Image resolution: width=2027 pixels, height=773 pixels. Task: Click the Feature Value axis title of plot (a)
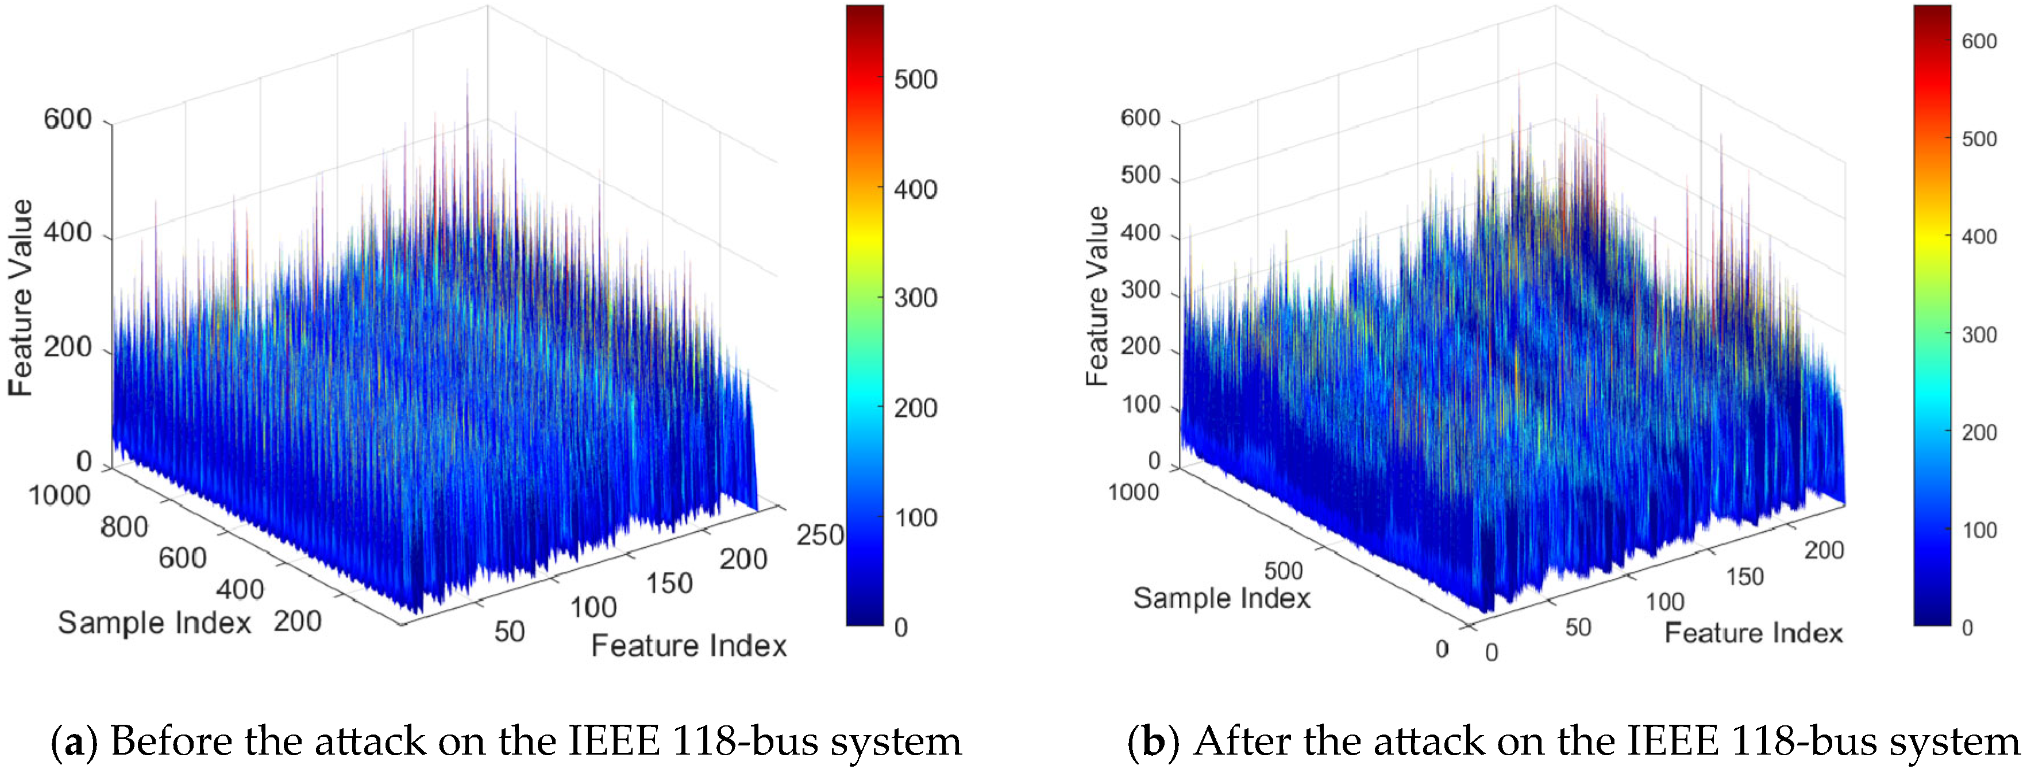[21, 298]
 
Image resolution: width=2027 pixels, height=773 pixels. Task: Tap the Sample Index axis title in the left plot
[154, 623]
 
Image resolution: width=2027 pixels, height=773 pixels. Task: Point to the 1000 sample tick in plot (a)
[59, 496]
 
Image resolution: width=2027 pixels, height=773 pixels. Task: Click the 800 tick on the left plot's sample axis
[124, 527]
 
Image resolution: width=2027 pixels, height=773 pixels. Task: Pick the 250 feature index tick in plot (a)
[820, 535]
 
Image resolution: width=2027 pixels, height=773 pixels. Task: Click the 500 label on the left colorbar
[915, 79]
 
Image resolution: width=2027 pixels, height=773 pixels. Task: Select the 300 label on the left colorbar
[915, 298]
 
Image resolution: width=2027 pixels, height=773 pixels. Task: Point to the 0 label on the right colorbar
[1967, 628]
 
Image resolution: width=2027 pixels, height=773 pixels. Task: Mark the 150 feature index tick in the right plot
[1744, 577]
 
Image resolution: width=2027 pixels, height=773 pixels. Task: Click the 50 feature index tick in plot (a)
[509, 632]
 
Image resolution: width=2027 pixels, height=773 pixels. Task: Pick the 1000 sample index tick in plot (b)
[1133, 492]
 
